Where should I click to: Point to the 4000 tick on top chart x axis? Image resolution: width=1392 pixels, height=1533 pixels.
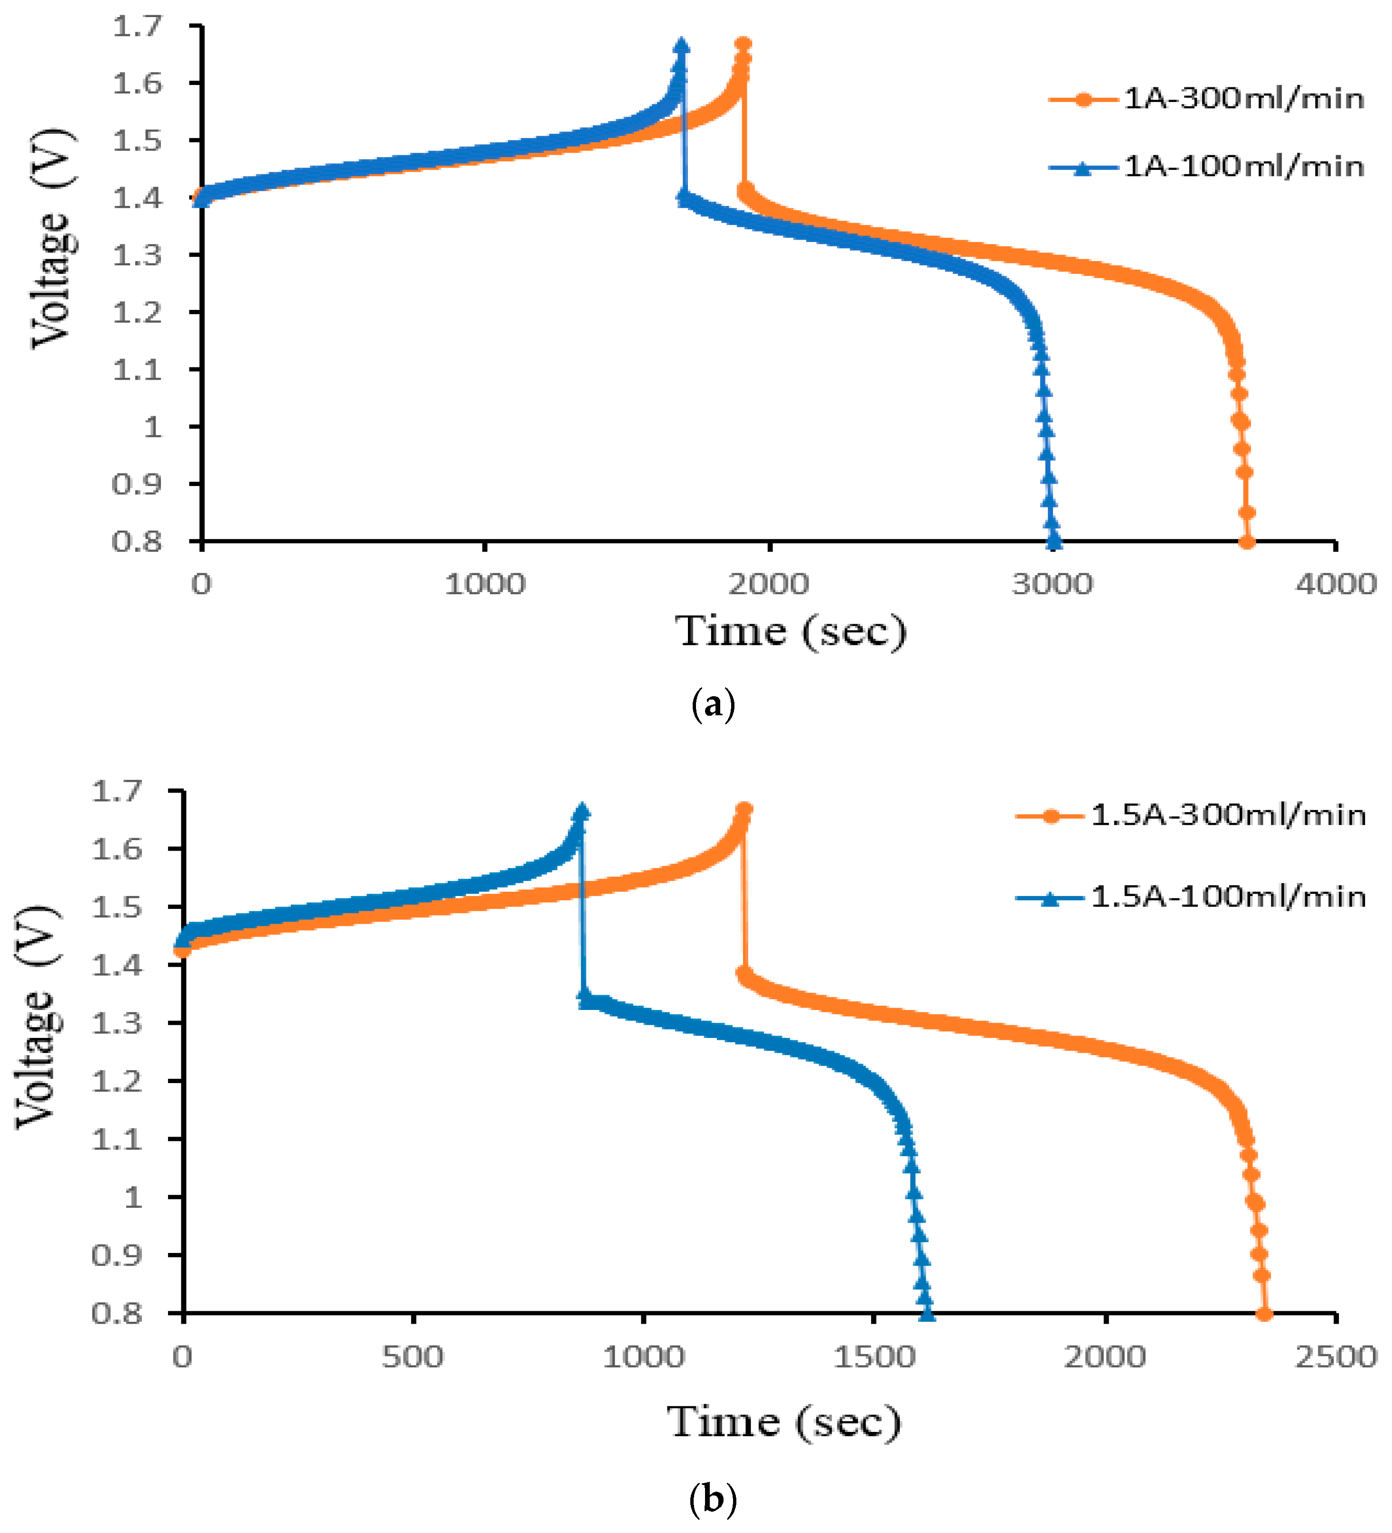pos(1336,584)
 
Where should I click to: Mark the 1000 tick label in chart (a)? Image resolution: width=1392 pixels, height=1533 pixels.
pos(485,584)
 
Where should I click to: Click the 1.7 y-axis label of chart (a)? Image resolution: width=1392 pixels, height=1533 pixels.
pos(138,27)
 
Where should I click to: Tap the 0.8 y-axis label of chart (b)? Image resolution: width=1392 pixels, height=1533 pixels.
pos(116,1313)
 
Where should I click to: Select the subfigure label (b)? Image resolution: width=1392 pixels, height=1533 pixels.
pos(713,1500)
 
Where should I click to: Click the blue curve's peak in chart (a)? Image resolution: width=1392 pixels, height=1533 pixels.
pos(682,46)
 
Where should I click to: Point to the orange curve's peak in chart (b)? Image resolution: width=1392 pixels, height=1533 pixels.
pos(744,809)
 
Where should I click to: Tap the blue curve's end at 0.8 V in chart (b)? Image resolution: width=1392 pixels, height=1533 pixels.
pos(926,1313)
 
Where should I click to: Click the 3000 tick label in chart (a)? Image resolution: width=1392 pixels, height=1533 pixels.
pos(1053,584)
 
